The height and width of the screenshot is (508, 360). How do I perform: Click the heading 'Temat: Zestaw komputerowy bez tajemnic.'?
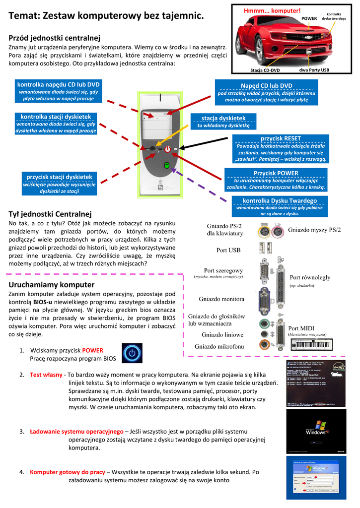pyautogui.click(x=106, y=16)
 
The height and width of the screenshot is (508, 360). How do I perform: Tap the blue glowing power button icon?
pyautogui.click(x=132, y=353)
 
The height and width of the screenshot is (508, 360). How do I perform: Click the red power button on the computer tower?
pyautogui.click(x=168, y=148)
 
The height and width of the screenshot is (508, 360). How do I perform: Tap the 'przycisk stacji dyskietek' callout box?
pyautogui.click(x=59, y=184)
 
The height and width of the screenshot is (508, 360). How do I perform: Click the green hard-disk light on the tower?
pyautogui.click(x=167, y=165)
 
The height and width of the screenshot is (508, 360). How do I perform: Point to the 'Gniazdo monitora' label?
pyautogui.click(x=221, y=299)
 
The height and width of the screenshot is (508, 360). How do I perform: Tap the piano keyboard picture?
pyautogui.click(x=311, y=344)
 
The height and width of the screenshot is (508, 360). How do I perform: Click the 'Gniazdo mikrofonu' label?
pyautogui.click(x=219, y=346)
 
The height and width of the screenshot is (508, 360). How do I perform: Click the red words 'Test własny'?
pyautogui.click(x=46, y=375)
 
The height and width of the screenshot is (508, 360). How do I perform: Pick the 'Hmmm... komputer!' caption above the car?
pyautogui.click(x=272, y=10)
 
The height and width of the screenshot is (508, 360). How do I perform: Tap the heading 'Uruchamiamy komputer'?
pyautogui.click(x=52, y=285)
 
